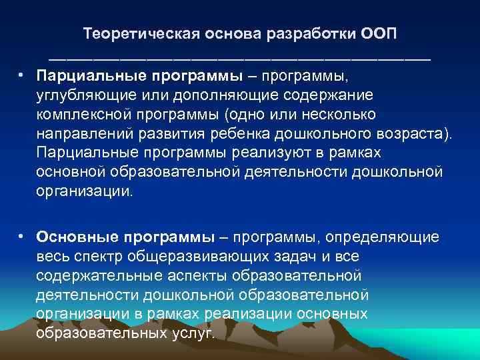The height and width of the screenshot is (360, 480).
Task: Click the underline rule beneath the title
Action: click(x=239, y=58)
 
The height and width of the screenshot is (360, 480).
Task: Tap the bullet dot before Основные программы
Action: click(x=22, y=236)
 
